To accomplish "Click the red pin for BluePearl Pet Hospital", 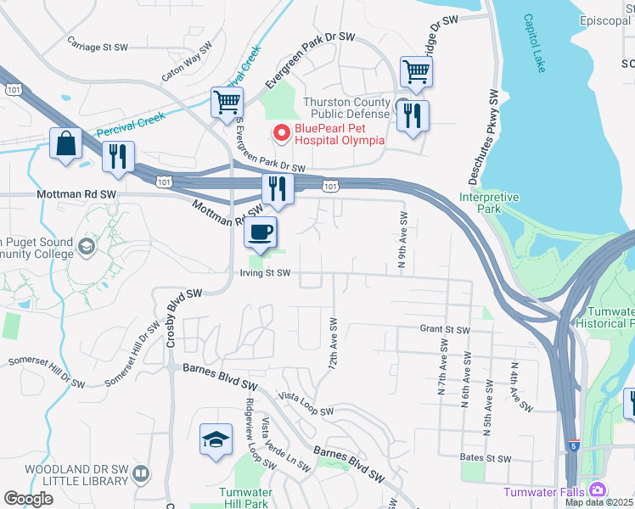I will [280, 133].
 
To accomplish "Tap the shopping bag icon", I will [66, 144].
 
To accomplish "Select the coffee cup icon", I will [261, 232].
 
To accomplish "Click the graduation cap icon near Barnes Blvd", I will [216, 440].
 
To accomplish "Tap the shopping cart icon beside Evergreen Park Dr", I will [227, 103].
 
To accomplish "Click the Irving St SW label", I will [265, 273].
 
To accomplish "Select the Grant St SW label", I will [444, 329].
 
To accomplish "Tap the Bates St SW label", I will [485, 458].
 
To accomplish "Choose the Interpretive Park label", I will [488, 202].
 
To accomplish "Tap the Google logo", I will [28, 499].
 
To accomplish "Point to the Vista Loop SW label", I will [306, 405].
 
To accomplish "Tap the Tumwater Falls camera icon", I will [598, 490].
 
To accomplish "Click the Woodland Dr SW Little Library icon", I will [143, 473].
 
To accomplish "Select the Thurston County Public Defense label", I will [348, 108].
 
